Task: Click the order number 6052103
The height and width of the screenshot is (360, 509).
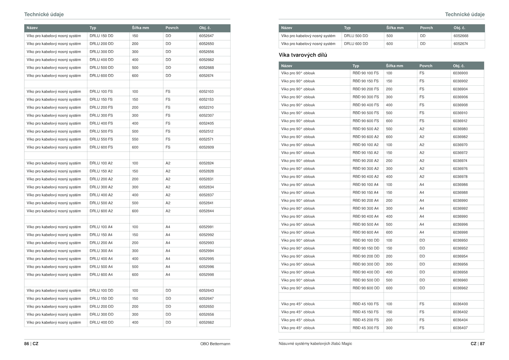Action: click(x=206, y=92)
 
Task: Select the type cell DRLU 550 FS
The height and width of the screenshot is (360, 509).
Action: click(x=101, y=139)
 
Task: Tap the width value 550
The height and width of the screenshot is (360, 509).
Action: click(x=135, y=139)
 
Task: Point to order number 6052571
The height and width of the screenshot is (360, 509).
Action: click(x=206, y=139)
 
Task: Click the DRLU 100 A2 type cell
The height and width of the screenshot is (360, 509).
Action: click(x=101, y=163)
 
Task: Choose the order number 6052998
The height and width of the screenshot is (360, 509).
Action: click(x=206, y=275)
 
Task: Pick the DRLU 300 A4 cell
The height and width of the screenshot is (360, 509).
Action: click(x=101, y=251)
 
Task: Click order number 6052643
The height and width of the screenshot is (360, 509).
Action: click(x=206, y=291)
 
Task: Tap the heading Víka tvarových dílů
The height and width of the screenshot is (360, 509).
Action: click(x=303, y=55)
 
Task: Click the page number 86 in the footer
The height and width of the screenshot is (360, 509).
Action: click(x=26, y=344)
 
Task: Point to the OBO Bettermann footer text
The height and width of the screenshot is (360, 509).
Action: click(x=215, y=344)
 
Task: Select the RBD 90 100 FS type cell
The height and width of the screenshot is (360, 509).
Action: click(x=366, y=73)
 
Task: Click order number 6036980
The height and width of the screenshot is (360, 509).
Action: click(x=460, y=129)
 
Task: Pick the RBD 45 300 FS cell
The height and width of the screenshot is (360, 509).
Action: click(x=366, y=328)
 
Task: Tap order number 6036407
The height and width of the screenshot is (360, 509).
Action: click(x=460, y=328)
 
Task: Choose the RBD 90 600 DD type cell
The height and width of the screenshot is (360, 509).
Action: click(x=366, y=288)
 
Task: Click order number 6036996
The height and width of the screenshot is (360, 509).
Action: click(x=460, y=224)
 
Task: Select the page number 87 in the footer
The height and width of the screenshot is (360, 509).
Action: click(x=482, y=344)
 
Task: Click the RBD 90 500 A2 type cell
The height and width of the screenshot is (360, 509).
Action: click(x=366, y=129)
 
